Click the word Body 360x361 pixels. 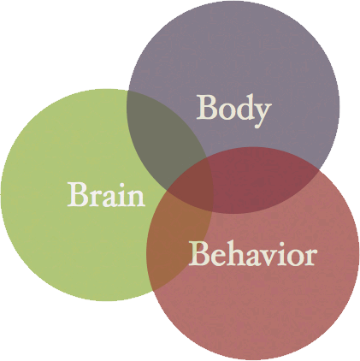pos(233,109)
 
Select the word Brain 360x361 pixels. pos(106,195)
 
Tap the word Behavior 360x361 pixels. pos(253,254)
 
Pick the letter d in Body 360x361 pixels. pos(243,109)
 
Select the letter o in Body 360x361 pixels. pos(224,111)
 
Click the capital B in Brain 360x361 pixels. pos(78,194)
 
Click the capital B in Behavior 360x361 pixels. pos(198,254)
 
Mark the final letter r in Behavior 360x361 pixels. pos(310,257)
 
